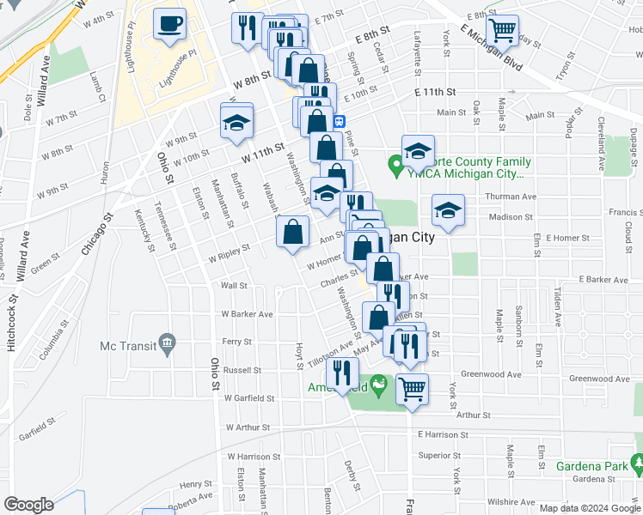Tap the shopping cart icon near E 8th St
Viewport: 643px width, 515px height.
point(503,31)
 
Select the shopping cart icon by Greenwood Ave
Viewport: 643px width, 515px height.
point(412,387)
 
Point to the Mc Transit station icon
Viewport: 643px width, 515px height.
point(168,345)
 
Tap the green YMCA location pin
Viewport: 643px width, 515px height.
point(395,163)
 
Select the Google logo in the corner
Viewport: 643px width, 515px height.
point(28,505)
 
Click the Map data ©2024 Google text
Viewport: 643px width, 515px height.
point(590,508)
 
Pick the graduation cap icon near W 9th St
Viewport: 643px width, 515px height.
point(236,122)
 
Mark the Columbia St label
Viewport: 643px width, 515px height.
point(54,338)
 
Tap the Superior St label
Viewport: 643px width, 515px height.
point(436,455)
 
